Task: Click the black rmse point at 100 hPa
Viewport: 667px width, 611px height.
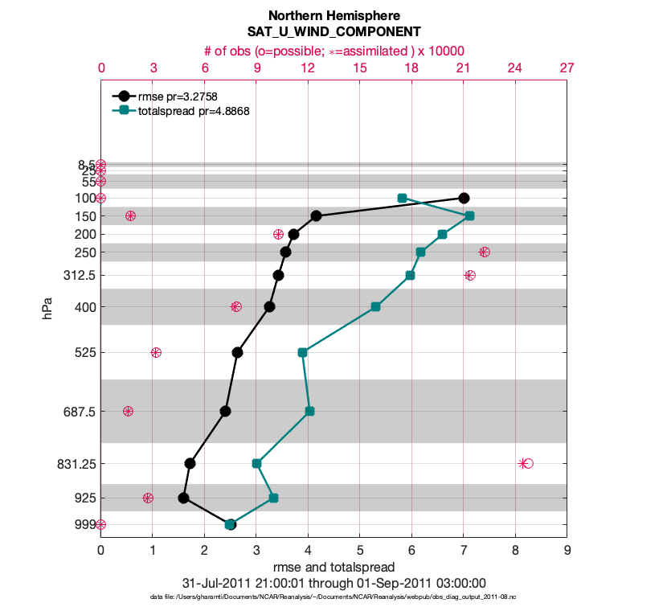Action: coord(464,198)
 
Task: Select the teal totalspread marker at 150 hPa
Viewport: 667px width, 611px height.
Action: coord(469,216)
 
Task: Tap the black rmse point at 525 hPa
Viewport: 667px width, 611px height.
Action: coord(237,352)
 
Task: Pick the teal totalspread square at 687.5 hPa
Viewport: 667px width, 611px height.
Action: coord(309,411)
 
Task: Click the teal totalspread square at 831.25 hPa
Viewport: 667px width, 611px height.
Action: coord(256,463)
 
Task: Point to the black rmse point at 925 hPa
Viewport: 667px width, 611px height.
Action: coord(183,498)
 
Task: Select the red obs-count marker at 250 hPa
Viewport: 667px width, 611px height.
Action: coord(485,252)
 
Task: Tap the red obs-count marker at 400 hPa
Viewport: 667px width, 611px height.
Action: coord(235,306)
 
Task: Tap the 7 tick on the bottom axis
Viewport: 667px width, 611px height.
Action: coord(464,551)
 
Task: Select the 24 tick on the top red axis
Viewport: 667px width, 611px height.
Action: coord(515,68)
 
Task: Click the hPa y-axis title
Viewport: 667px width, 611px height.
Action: coord(49,307)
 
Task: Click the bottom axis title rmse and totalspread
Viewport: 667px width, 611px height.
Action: coord(333,568)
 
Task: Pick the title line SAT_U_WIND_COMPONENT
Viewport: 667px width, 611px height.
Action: coord(333,32)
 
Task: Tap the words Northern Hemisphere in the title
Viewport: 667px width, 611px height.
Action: coord(333,16)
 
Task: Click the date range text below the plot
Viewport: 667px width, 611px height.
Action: coord(333,583)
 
